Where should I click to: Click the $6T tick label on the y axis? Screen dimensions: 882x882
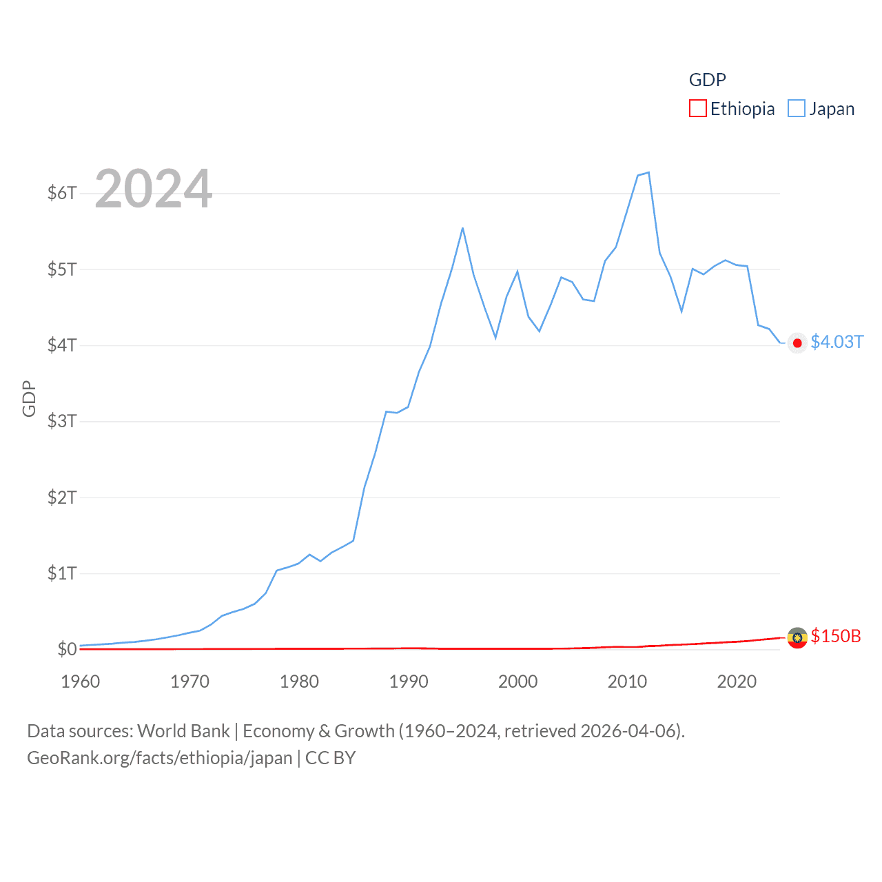pyautogui.click(x=62, y=193)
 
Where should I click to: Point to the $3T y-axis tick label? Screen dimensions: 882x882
pyautogui.click(x=62, y=421)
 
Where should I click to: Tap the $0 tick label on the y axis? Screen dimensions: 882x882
pyautogui.click(x=67, y=649)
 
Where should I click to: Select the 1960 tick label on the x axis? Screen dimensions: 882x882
pyautogui.click(x=81, y=681)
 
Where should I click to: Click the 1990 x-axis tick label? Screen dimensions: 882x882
pyautogui.click(x=409, y=681)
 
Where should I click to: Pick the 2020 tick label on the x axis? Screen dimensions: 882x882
pyautogui.click(x=737, y=681)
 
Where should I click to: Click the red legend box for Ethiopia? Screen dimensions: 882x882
pyautogui.click(x=697, y=109)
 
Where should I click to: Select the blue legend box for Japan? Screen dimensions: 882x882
pyautogui.click(x=796, y=109)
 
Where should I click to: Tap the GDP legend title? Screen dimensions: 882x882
pyautogui.click(x=707, y=80)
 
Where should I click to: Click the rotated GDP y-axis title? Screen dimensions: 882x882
pyautogui.click(x=29, y=398)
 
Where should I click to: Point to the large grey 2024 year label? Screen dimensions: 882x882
pyautogui.click(x=153, y=189)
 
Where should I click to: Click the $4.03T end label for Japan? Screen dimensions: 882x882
pyautogui.click(x=837, y=342)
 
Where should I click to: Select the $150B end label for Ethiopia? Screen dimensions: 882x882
pyautogui.click(x=836, y=636)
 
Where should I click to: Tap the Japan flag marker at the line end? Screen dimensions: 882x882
pyautogui.click(x=797, y=343)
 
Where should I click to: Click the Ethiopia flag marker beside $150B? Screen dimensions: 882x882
pyautogui.click(x=797, y=638)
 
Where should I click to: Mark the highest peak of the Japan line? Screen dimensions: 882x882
pyautogui.click(x=648, y=172)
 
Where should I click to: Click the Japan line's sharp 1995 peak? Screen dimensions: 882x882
pyautogui.click(x=462, y=228)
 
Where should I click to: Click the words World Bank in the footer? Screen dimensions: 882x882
pyautogui.click(x=183, y=731)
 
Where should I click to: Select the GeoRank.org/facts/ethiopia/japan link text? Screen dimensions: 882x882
pyautogui.click(x=160, y=758)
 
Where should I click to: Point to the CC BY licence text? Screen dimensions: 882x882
pyautogui.click(x=330, y=758)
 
